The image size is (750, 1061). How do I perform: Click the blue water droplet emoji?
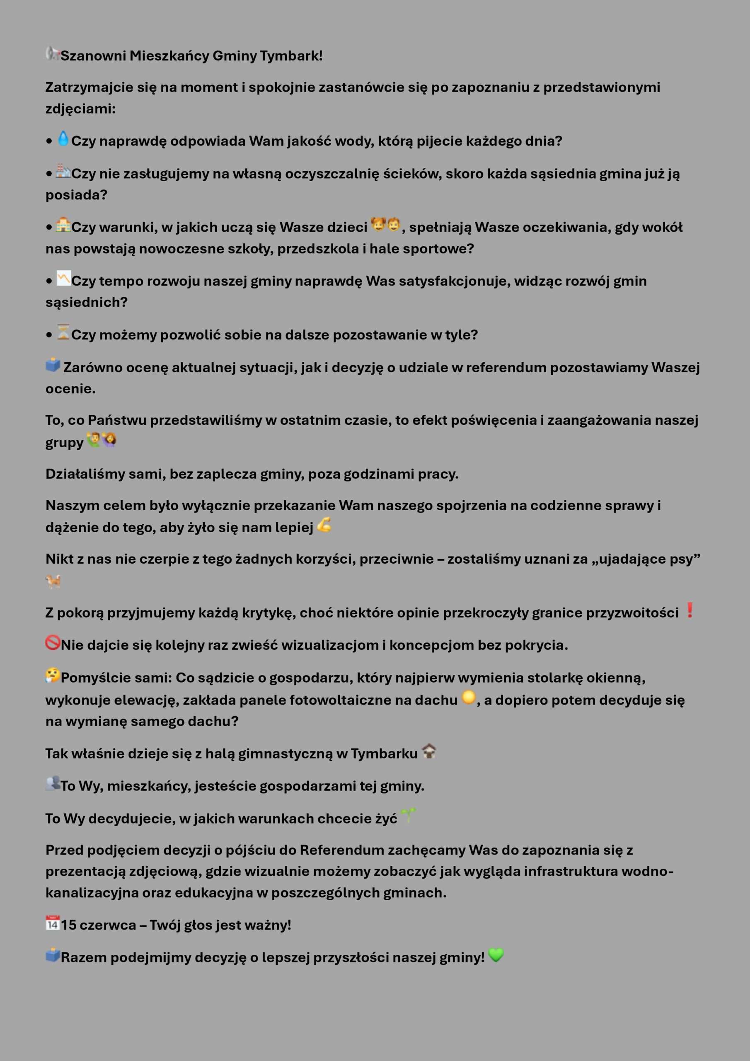[63, 138]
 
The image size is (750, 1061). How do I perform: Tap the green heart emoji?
[496, 955]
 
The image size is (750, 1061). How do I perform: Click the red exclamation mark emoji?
[690, 610]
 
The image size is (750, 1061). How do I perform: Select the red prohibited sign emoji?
[53, 643]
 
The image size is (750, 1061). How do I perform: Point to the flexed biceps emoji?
[324, 525]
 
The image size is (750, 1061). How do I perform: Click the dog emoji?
[53, 581]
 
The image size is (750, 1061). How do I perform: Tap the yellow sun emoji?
[469, 698]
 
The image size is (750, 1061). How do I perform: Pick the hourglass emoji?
[63, 332]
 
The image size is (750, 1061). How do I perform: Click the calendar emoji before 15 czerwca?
[53, 923]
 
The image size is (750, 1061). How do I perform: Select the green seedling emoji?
[408, 816]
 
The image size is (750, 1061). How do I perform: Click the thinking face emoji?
[53, 676]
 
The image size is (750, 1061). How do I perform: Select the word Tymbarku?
[384, 754]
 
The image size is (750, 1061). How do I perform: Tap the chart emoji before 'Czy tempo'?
[63, 278]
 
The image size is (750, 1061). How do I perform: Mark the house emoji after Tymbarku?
[429, 751]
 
